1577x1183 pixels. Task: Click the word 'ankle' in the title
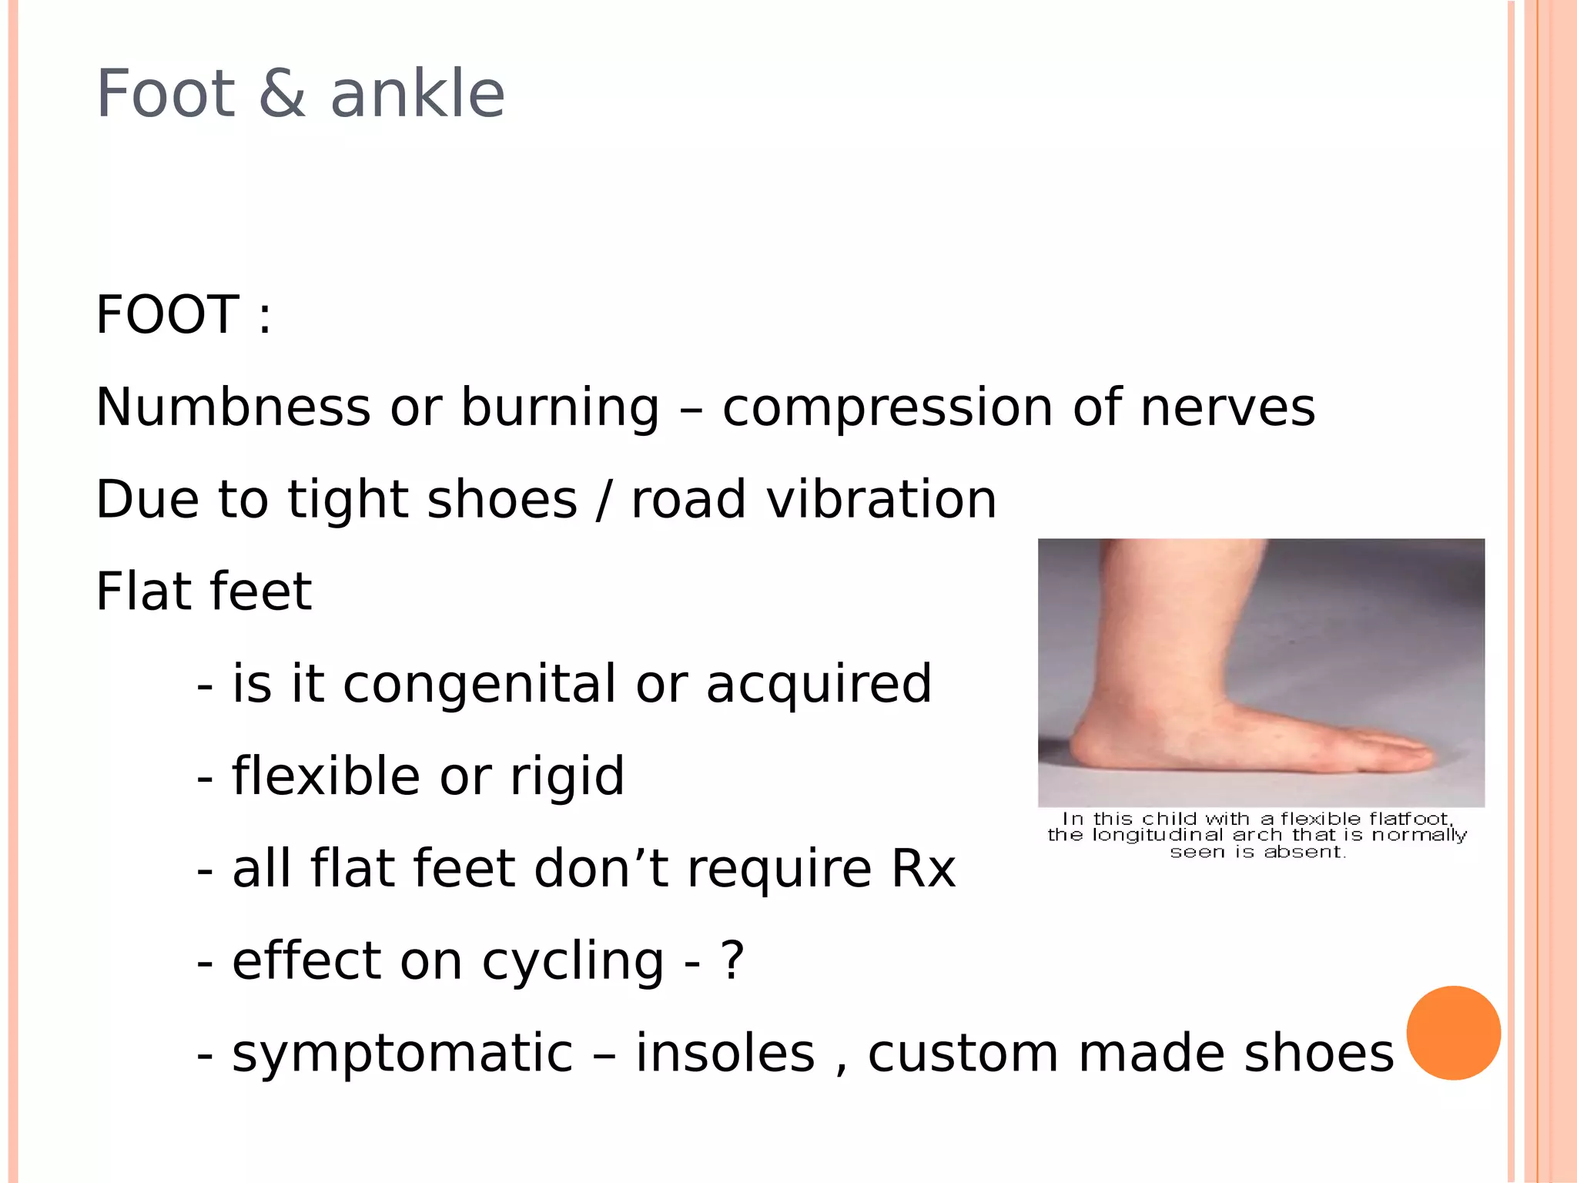coord(417,94)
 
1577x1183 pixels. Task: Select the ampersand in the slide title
coord(282,94)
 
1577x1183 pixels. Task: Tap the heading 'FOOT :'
coord(183,315)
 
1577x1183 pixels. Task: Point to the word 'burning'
coord(560,408)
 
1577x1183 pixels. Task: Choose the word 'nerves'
coord(1227,408)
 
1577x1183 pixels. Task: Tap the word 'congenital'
coord(479,685)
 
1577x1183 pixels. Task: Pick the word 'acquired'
coord(819,685)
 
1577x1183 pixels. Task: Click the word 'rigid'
coord(568,776)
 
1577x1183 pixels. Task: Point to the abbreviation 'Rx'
coord(922,869)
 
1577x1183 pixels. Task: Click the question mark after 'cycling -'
coord(732,961)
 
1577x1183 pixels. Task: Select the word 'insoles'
coord(725,1053)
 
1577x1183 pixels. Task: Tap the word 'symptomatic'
coord(403,1054)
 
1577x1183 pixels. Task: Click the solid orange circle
coord(1453,1033)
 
